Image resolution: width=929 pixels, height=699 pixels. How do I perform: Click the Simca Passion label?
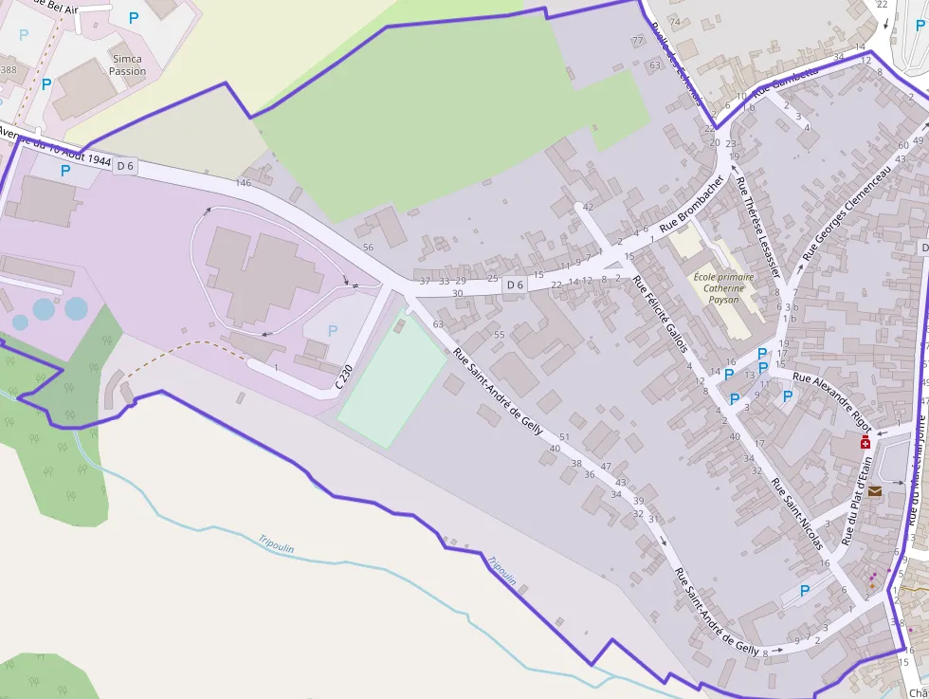click(127, 64)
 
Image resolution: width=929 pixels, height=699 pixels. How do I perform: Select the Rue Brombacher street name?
click(692, 203)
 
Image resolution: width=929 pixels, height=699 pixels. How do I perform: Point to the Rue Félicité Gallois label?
click(661, 314)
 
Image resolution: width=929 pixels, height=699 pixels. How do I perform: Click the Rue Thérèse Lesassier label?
click(758, 226)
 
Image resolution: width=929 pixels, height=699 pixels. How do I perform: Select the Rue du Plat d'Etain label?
click(857, 501)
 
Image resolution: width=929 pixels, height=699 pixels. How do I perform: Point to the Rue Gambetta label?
click(786, 83)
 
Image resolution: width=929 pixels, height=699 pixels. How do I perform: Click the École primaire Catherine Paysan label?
click(723, 287)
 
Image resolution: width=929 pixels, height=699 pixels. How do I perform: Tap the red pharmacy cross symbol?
click(865, 443)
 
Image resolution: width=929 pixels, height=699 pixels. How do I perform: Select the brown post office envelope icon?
click(874, 491)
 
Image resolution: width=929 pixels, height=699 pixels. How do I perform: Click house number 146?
click(244, 182)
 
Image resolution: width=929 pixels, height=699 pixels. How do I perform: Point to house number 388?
click(9, 70)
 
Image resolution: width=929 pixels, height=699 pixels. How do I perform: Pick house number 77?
click(637, 41)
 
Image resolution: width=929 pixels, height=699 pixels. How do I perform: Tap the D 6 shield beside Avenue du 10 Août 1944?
click(125, 166)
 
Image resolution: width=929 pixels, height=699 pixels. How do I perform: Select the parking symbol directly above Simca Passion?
click(133, 17)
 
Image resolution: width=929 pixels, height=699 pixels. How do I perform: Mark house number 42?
click(588, 207)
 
